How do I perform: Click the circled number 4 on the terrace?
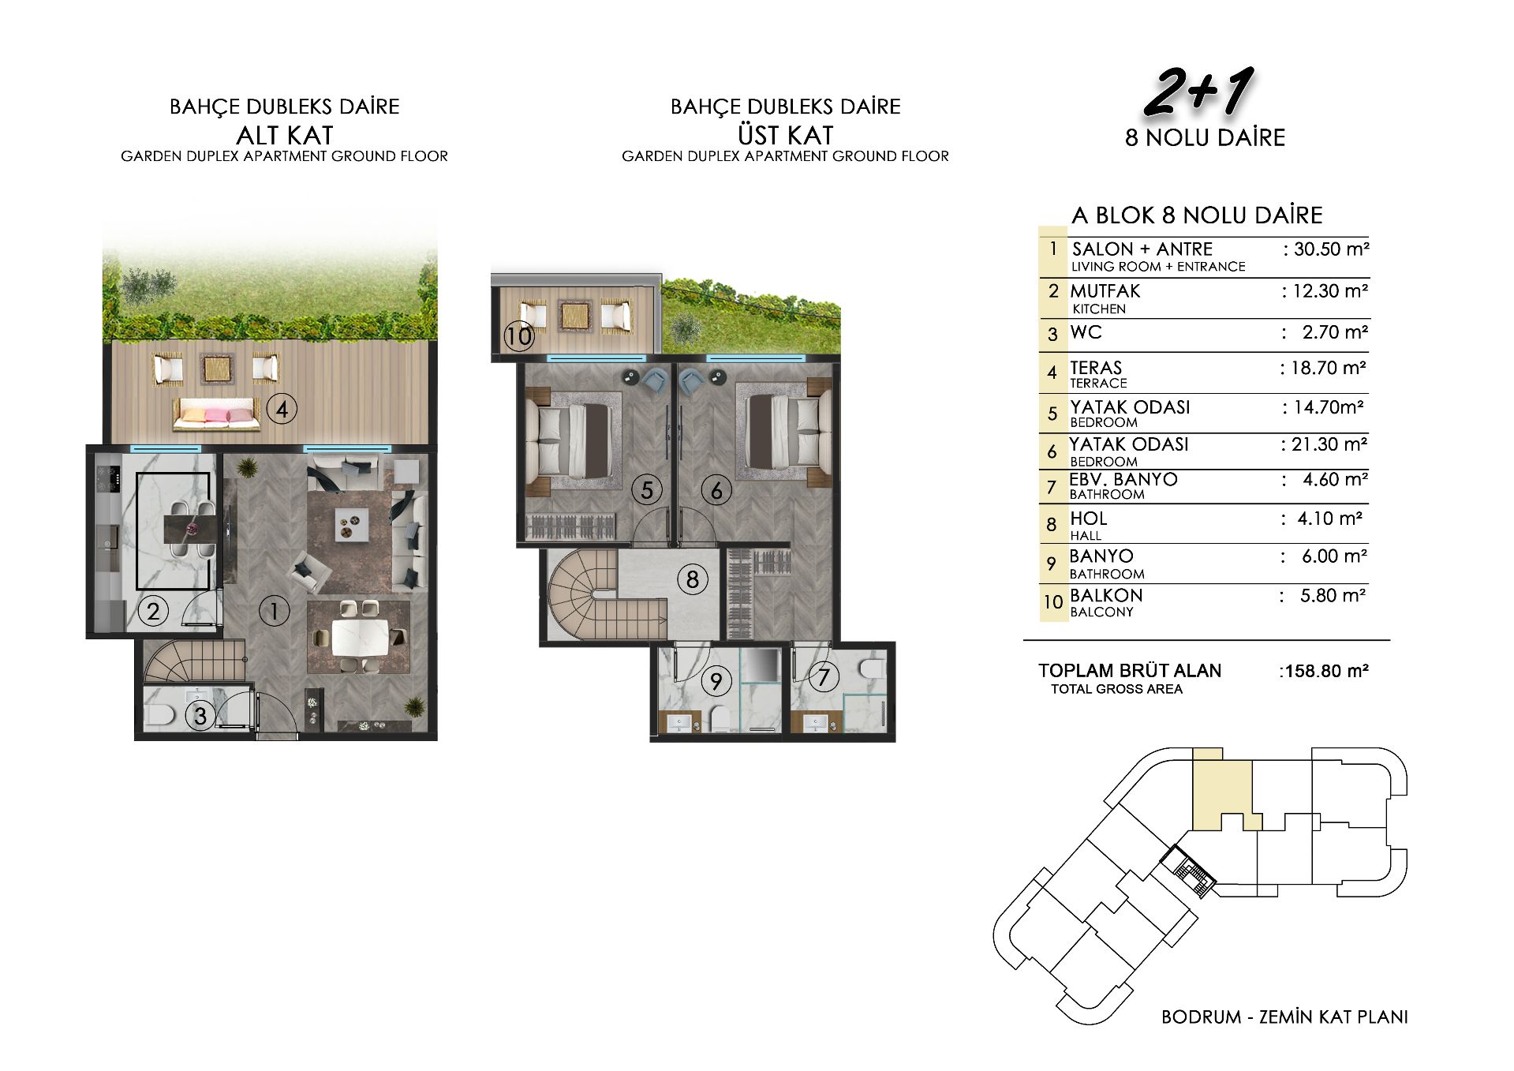point(282,409)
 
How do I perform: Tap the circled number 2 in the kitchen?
point(153,610)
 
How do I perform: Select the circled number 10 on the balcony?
point(520,336)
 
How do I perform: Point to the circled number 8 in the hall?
point(693,579)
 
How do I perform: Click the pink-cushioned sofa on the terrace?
point(217,414)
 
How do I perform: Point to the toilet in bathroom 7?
point(873,668)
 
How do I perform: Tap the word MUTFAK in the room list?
point(1105,291)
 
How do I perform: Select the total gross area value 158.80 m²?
point(1323,671)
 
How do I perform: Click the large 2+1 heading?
point(1198,92)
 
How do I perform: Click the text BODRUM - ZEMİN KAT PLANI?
point(1284,1017)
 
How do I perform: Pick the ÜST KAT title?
point(786,135)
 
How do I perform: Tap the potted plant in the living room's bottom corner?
point(413,706)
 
